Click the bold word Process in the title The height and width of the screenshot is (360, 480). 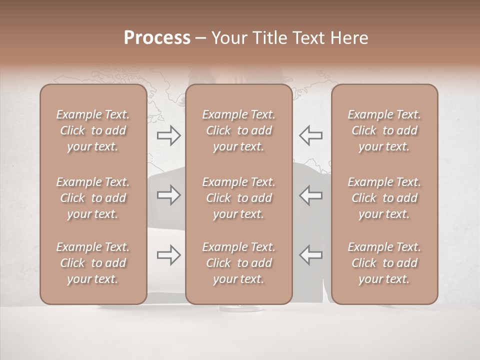point(157,38)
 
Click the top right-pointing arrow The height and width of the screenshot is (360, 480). point(169,135)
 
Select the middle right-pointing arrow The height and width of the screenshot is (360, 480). point(169,195)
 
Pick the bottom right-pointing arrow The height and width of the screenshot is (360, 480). point(169,255)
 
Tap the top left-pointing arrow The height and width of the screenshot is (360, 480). point(311,135)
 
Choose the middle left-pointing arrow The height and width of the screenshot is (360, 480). point(311,195)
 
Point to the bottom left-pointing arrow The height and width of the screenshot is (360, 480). point(311,255)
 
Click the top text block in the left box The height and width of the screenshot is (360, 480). point(93,130)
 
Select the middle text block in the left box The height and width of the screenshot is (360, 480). point(93,198)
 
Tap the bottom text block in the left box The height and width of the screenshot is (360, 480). point(93,263)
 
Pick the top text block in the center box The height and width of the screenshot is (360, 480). point(239,130)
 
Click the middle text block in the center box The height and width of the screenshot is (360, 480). point(239,198)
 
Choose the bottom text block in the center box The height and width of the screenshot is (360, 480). point(239,263)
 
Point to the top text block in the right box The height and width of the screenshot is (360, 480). point(384,130)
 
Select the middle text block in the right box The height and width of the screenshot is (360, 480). point(384,198)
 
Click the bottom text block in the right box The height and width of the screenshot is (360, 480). point(384,263)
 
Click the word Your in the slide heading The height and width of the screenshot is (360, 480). point(228,38)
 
